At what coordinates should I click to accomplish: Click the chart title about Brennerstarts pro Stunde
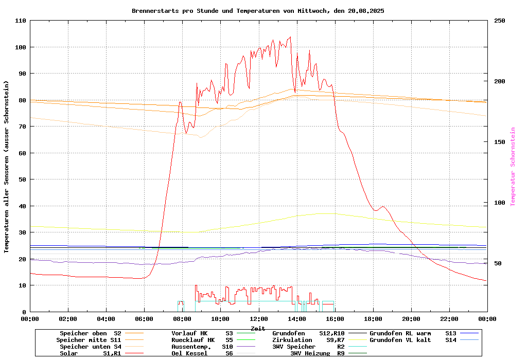[258, 10]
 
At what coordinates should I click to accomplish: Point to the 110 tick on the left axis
[21, 21]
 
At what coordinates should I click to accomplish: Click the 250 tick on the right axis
[500, 21]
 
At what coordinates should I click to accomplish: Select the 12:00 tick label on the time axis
[258, 319]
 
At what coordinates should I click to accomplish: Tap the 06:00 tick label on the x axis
[144, 319]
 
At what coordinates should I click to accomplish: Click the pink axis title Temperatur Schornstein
[513, 167]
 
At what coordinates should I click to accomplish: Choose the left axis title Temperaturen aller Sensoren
[7, 167]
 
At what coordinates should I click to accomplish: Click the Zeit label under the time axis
[258, 328]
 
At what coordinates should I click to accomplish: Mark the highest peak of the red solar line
[290, 37]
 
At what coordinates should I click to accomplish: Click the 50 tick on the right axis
[498, 263]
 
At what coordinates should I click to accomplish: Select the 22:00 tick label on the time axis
[449, 319]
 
